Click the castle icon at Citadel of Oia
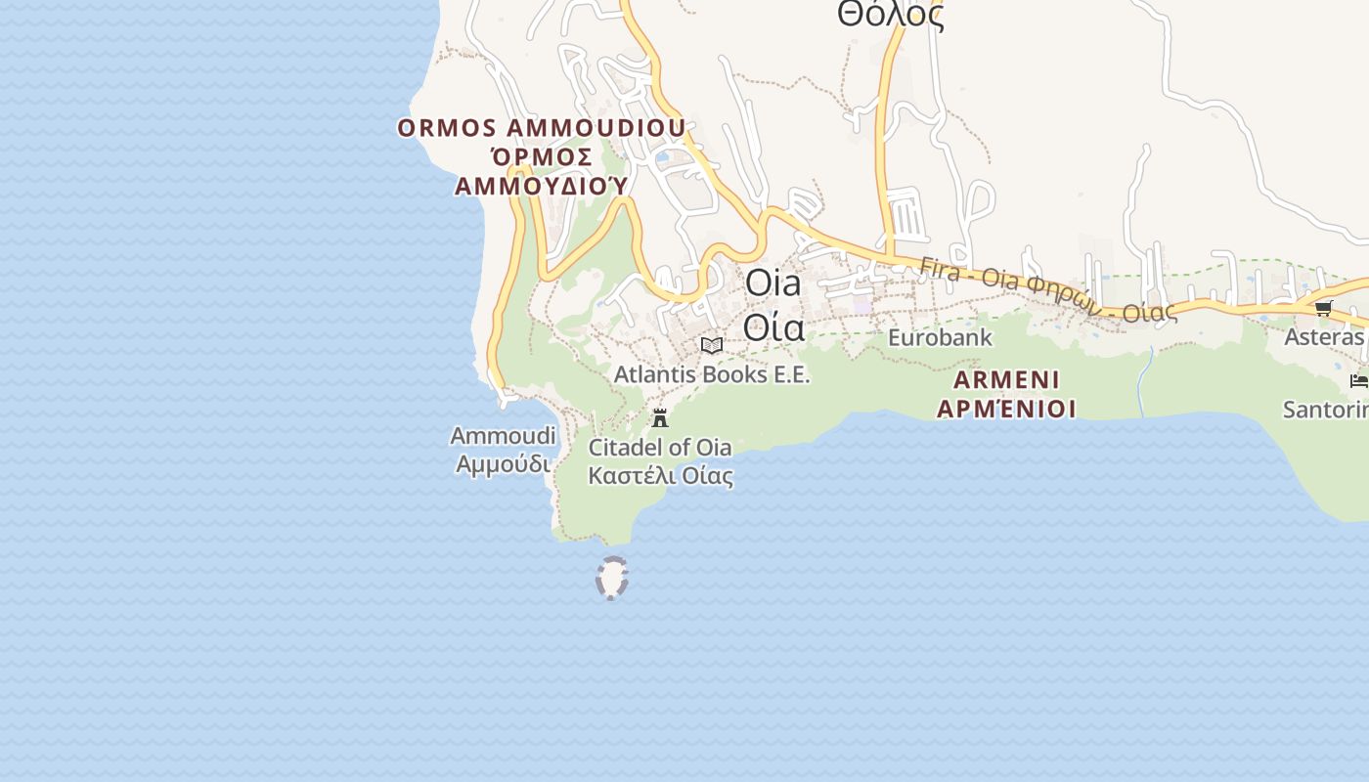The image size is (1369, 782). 660,418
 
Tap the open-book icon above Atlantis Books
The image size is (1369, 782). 712,345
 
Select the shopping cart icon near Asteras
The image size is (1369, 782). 1324,309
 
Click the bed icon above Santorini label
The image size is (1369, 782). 1358,380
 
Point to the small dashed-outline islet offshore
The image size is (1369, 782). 611,578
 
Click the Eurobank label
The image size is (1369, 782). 940,338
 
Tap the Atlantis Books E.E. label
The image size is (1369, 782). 712,374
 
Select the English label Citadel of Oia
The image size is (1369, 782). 660,448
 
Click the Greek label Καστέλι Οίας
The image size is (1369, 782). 660,476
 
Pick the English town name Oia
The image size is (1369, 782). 773,283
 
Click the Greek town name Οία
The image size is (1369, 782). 773,326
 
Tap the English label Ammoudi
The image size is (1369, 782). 503,436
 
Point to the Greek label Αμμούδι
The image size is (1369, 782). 503,464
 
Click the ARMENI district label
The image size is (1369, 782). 1006,379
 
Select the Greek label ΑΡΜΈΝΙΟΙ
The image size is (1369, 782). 1006,408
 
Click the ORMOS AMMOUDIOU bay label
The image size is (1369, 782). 542,128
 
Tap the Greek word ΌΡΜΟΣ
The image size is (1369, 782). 542,157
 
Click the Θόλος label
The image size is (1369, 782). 890,15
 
